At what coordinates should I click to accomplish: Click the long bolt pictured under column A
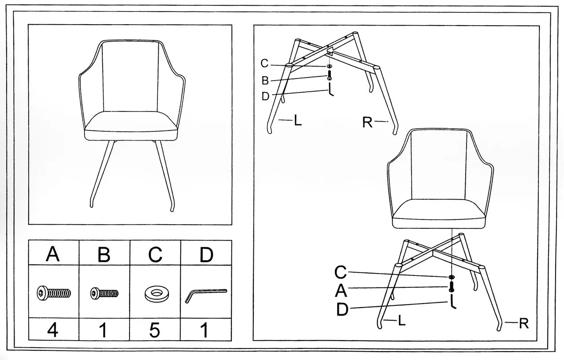coord(53,292)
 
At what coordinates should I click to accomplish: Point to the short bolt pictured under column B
coord(104,293)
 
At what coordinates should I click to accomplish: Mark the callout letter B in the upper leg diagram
coord(265,81)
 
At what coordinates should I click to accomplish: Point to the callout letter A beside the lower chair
coord(341,291)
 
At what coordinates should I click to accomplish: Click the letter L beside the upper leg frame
coord(298,121)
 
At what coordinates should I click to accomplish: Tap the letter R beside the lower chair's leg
coord(523,324)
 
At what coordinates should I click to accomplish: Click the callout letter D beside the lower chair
coord(342,310)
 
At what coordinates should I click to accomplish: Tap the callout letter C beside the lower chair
coord(341,273)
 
